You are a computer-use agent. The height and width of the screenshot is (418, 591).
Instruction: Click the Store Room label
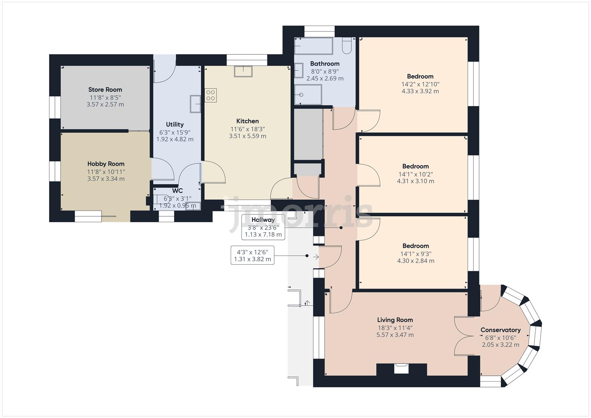pos(105,89)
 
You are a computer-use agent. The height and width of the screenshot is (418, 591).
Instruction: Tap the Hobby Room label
pos(106,164)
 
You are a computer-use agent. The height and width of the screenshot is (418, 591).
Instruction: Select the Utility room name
pos(175,124)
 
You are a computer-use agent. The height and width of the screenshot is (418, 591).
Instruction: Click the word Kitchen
pos(247,121)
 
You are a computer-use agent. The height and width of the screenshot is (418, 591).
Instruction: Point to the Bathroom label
pos(325,63)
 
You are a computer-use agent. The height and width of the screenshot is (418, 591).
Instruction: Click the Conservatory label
pos(500,330)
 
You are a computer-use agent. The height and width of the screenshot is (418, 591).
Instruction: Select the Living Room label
pos(395,320)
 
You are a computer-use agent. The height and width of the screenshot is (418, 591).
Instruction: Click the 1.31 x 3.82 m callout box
pos(252,255)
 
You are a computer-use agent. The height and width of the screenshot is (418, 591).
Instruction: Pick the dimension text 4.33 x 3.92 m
pos(420,91)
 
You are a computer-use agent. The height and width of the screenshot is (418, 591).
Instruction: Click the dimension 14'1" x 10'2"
pos(415,174)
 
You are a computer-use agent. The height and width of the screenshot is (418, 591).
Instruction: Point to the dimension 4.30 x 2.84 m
pos(415,261)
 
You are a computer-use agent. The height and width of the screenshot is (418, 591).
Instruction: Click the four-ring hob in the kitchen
pos(211,95)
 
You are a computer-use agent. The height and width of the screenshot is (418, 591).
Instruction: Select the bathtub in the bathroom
pos(313,46)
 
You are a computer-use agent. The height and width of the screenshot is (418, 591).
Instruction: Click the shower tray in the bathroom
pos(308,95)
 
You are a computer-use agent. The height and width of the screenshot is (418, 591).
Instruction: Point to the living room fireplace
pos(401,369)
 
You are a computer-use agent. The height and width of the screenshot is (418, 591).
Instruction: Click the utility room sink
pos(195,104)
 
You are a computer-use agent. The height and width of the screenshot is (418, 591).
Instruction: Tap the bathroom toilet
pos(347,46)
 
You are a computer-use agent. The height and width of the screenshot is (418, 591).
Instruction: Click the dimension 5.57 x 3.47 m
pos(395,335)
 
